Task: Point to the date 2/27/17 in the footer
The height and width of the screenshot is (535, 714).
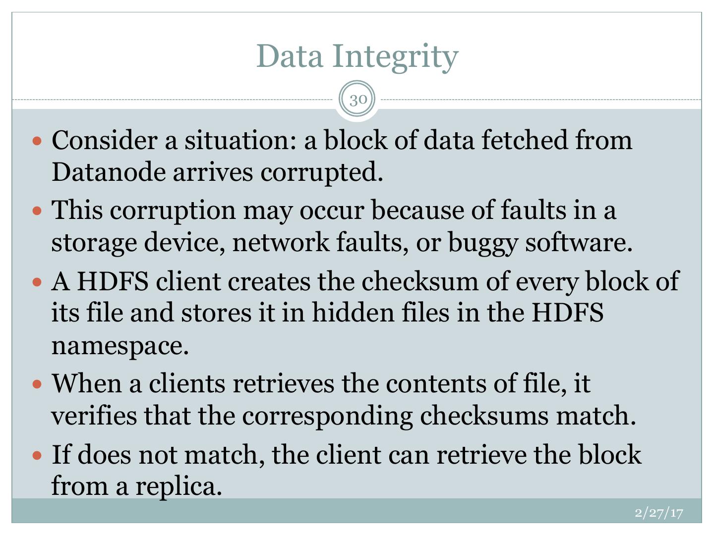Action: coord(659,512)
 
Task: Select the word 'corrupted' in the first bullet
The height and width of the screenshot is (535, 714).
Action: coord(322,172)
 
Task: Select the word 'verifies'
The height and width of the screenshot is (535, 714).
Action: coord(94,416)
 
